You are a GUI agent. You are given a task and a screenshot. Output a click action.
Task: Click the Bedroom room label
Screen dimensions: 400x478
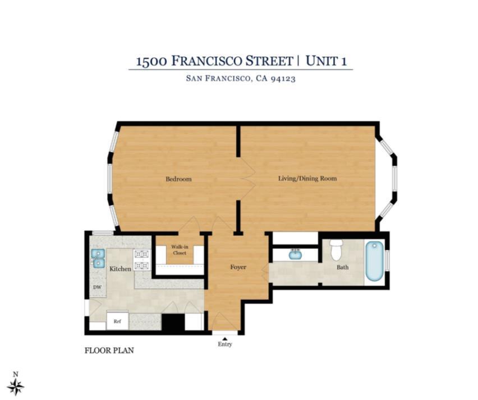point(178,179)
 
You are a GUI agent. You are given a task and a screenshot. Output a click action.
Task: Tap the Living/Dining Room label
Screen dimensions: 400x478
point(307,179)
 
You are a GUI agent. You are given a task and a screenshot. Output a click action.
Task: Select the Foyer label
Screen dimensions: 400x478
point(238,267)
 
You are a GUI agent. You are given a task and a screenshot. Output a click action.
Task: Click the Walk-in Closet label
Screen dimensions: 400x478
point(180,249)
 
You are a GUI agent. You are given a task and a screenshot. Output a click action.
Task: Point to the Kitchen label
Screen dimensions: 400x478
point(120,269)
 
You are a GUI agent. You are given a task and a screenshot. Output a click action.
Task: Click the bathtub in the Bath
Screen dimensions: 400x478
point(374,261)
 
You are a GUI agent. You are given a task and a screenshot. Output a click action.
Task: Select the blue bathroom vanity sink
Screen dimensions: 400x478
point(295,255)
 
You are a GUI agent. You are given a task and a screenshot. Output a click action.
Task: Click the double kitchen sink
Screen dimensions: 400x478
point(98,258)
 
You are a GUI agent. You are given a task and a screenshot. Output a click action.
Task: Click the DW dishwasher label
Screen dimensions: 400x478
point(97,287)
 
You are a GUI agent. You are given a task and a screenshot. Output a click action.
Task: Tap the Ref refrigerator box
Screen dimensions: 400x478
point(117,321)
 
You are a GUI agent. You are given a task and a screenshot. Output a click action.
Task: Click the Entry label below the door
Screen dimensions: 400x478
point(225,344)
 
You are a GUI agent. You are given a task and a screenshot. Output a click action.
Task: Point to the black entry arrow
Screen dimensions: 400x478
point(225,338)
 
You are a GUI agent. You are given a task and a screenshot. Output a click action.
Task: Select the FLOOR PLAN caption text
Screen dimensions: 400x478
point(109,351)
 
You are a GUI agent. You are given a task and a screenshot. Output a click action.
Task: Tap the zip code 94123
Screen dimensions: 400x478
point(283,79)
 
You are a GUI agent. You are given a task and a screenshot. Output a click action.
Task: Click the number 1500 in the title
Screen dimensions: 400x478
point(151,61)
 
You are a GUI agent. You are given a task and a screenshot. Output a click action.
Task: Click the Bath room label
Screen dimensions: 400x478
point(343,267)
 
